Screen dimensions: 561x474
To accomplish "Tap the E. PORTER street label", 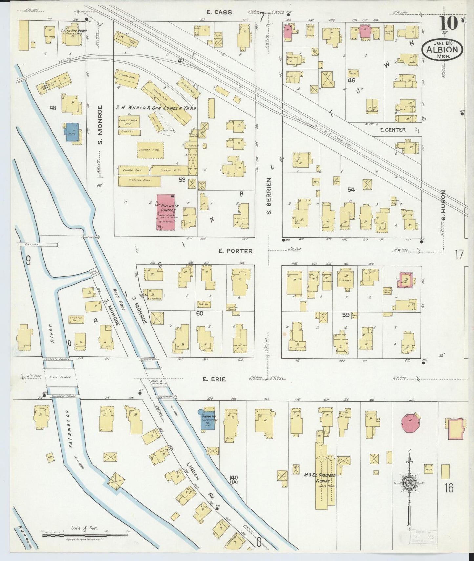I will tap(236, 251).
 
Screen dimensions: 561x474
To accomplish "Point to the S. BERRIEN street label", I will tap(269, 196).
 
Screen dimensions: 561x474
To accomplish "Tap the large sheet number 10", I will tap(447, 24).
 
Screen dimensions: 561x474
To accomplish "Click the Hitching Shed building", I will tap(140, 181).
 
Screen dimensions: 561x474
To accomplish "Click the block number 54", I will tap(351, 189).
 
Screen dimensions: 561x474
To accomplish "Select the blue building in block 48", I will tap(72, 132).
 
